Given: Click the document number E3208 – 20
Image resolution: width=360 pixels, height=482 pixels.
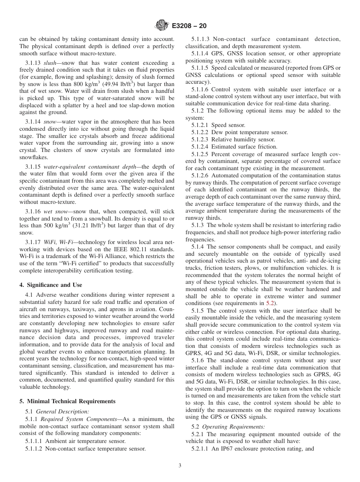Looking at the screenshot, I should [189, 26].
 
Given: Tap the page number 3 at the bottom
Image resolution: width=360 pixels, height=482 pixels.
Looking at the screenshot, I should [180, 466].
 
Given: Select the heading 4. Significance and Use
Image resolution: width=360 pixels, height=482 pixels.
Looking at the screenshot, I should [51, 285].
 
